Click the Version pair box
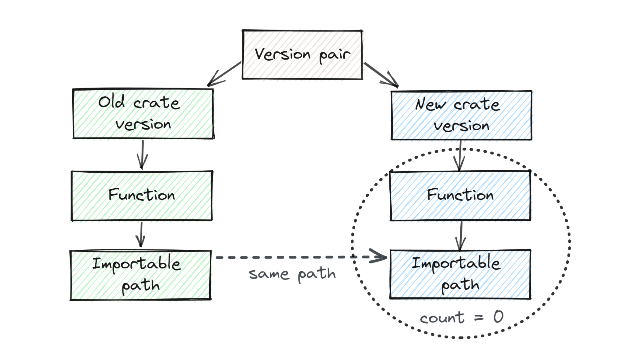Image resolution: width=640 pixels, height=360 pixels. (302, 55)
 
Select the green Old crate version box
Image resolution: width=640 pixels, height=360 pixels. (143, 114)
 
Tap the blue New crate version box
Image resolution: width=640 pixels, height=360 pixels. (461, 115)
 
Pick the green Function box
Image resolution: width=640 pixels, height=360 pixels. (142, 196)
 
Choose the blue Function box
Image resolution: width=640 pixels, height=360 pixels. (460, 196)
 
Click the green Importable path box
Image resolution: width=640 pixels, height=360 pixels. (140, 275)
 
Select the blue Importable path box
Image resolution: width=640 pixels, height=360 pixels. (460, 274)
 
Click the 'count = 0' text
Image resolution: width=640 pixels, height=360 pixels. (461, 317)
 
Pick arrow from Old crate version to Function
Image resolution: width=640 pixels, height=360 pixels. (142, 155)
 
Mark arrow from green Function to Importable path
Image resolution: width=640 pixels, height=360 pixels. (141, 235)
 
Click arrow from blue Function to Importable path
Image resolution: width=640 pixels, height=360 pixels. (461, 235)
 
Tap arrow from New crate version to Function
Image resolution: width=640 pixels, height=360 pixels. (460, 156)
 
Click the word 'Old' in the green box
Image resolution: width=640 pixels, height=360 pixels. (112, 102)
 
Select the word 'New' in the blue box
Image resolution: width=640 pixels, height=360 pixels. (430, 104)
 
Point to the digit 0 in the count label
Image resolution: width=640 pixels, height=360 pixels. (498, 316)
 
